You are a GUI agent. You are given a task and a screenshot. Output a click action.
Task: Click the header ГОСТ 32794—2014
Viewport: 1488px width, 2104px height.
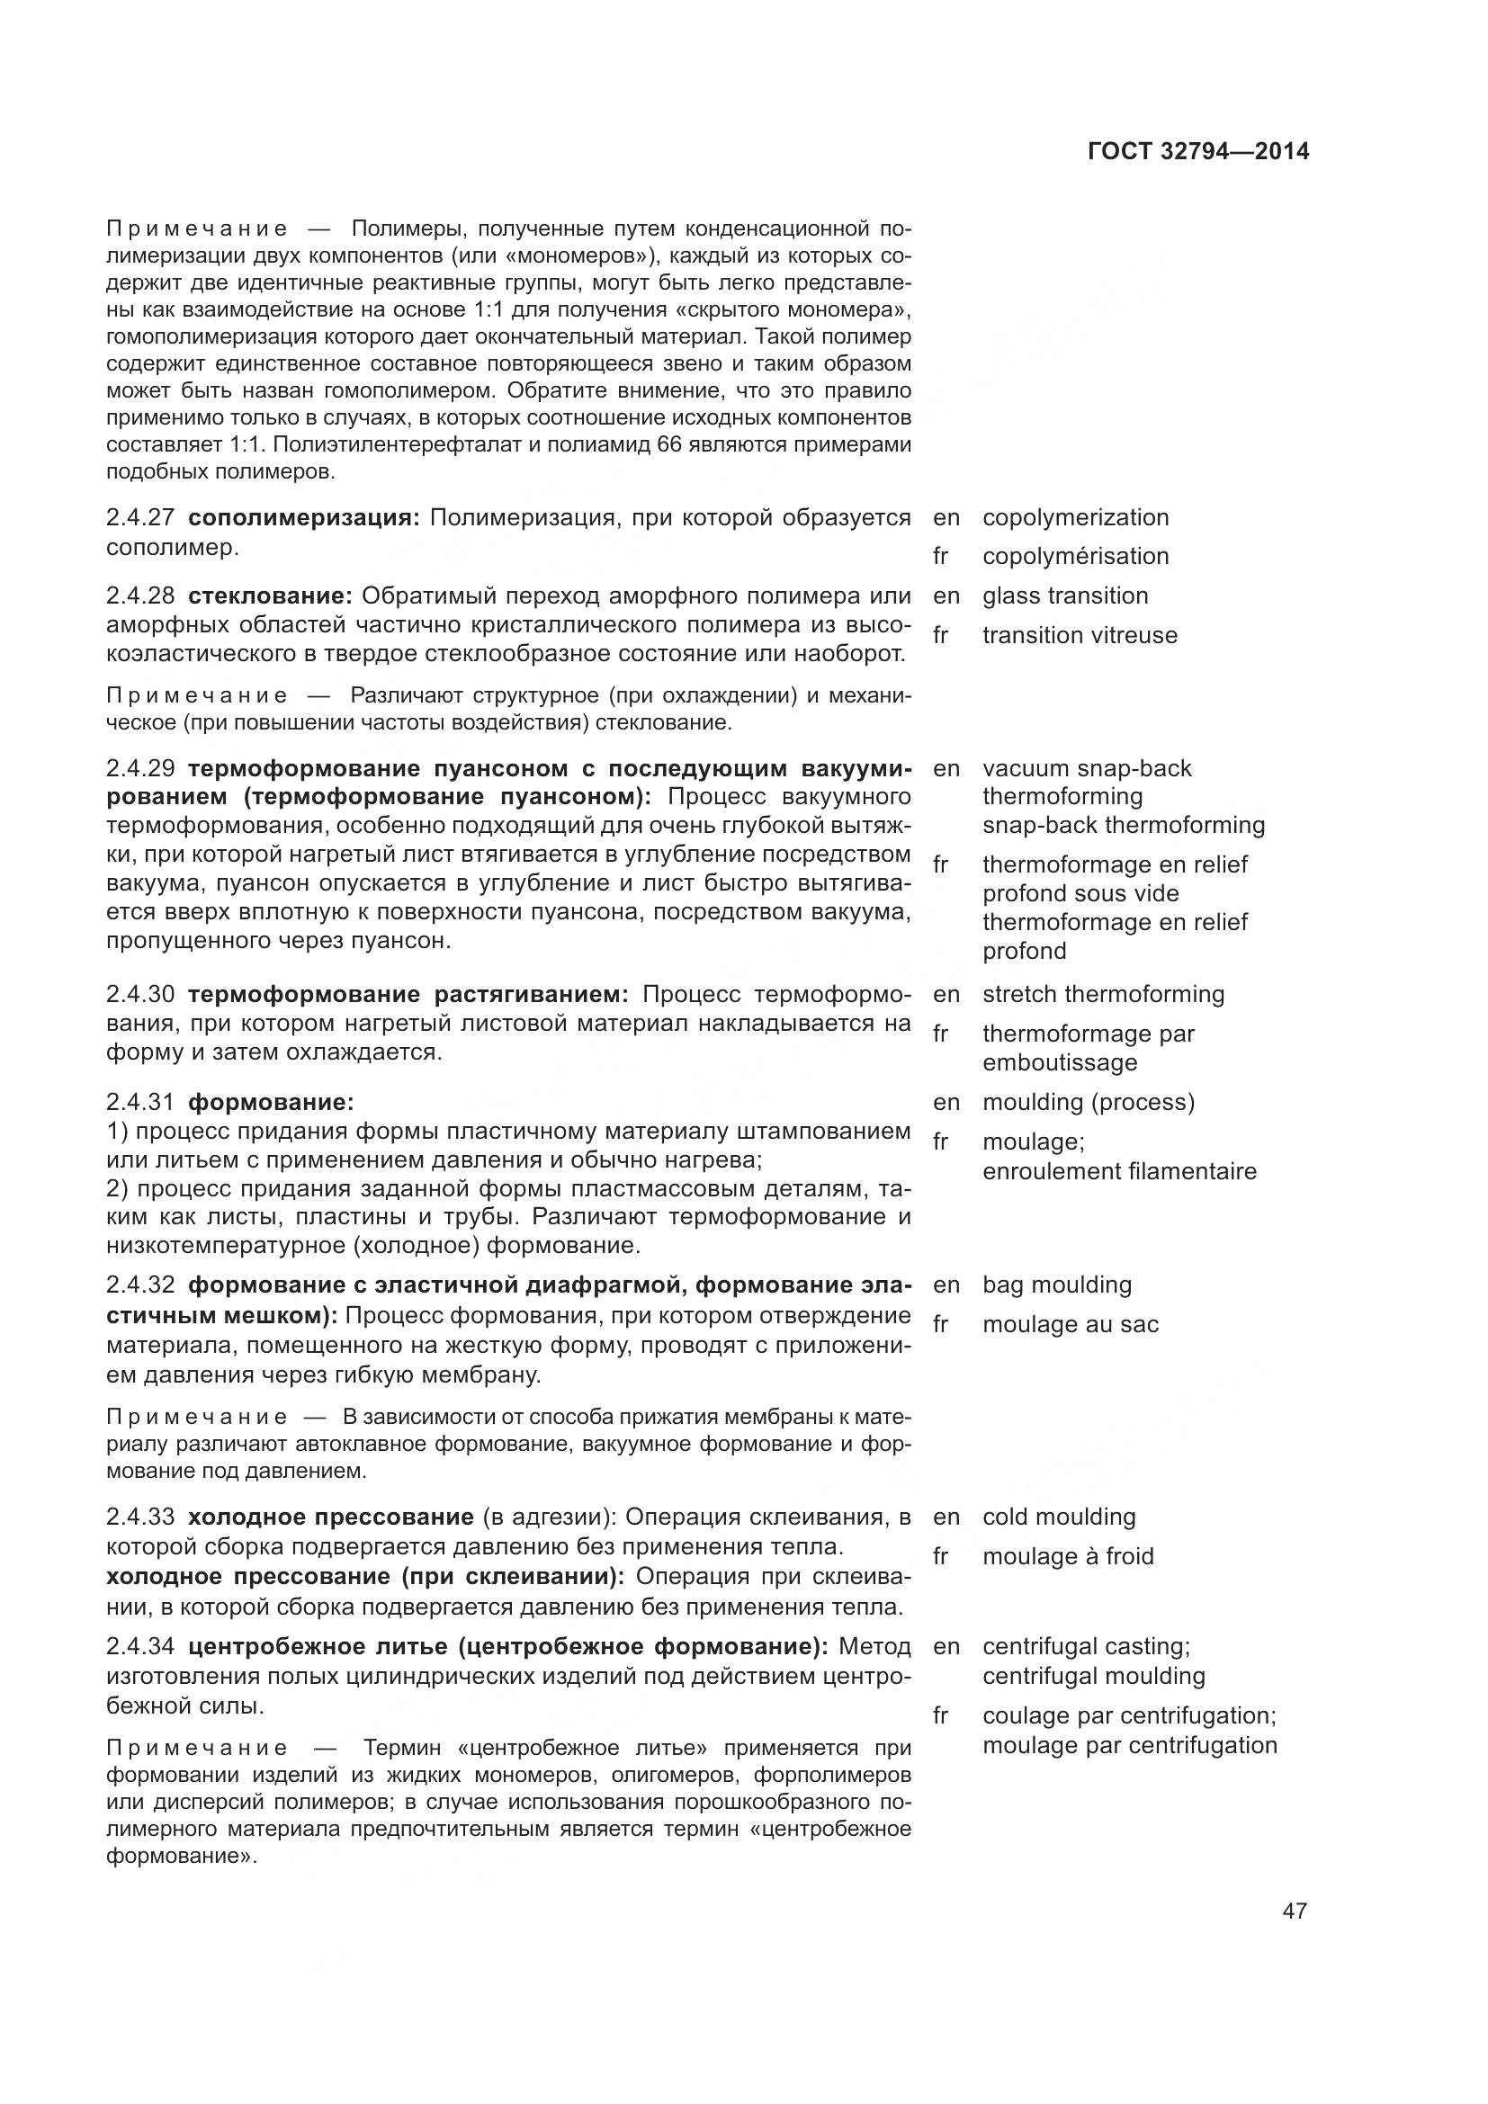(x=1197, y=152)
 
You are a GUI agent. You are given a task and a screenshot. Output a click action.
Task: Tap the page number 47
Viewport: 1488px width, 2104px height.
(x=1294, y=1912)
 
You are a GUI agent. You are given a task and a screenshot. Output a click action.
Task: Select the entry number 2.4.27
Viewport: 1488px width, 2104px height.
(x=139, y=518)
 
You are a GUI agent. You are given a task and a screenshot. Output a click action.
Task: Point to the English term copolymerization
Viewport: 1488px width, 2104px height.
(x=1075, y=518)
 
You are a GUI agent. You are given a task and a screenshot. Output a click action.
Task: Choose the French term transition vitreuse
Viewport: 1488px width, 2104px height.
(x=1080, y=635)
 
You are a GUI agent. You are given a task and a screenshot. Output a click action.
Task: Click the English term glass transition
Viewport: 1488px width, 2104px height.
(x=1064, y=595)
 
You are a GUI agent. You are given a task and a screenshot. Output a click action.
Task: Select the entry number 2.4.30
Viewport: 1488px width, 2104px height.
(x=139, y=994)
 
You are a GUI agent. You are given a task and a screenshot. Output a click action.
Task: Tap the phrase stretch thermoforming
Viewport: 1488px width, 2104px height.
(x=1103, y=994)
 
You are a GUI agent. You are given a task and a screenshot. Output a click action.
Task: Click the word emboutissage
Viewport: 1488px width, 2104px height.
(x=1059, y=1063)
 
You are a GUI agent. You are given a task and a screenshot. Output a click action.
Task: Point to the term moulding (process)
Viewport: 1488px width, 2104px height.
(x=1089, y=1103)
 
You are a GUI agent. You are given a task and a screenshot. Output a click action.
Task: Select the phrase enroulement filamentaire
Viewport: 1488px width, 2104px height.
(x=1119, y=1172)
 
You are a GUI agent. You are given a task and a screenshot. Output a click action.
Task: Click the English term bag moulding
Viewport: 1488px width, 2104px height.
(x=1056, y=1285)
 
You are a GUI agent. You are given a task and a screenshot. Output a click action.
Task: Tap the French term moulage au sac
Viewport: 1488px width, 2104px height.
(x=1071, y=1325)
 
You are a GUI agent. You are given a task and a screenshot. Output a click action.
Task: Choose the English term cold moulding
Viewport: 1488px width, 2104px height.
(x=1058, y=1517)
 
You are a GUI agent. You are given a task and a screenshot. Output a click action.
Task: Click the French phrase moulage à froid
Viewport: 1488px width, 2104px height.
(x=1068, y=1557)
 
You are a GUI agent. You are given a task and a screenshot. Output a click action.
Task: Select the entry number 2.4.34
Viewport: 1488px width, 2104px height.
(x=139, y=1647)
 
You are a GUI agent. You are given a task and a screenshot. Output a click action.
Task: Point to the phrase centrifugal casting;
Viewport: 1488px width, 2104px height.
(x=1086, y=1647)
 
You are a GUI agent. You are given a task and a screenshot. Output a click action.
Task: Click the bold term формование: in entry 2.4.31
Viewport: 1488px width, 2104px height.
(x=270, y=1103)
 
